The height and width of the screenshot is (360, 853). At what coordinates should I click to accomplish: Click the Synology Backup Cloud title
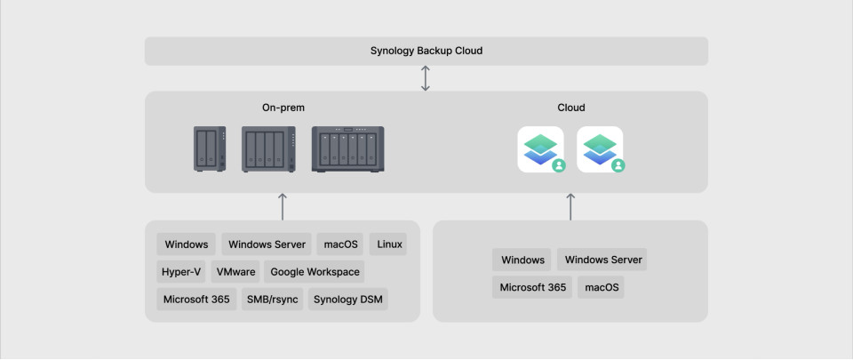426,51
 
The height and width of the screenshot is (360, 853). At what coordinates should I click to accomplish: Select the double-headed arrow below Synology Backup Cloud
426,78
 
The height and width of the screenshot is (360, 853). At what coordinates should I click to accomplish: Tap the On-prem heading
283,108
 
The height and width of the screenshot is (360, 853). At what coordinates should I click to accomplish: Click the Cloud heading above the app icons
571,108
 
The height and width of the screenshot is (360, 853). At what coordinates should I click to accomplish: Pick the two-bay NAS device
210,149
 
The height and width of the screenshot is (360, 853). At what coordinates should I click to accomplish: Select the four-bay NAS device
268,149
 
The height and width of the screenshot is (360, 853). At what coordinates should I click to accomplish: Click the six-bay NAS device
347,149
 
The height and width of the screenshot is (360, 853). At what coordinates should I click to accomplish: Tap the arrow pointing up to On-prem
283,206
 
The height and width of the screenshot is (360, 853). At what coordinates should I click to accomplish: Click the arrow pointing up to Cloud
570,206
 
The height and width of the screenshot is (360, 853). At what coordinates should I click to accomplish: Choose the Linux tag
388,244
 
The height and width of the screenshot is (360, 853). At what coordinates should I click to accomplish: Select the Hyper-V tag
181,272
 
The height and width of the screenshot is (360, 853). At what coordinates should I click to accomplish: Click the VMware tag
235,272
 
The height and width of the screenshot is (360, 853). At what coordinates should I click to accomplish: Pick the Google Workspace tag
315,272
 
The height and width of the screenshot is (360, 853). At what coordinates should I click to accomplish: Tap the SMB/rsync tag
273,299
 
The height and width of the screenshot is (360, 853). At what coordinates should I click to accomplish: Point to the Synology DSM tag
348,299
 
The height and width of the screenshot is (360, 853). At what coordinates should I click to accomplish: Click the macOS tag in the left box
340,244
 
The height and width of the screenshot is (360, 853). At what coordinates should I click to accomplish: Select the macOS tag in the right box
602,287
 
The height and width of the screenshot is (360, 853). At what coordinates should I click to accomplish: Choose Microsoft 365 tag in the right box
532,287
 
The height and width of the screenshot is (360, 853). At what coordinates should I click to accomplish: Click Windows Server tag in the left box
267,244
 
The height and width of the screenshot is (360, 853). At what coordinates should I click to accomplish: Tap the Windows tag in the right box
522,260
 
